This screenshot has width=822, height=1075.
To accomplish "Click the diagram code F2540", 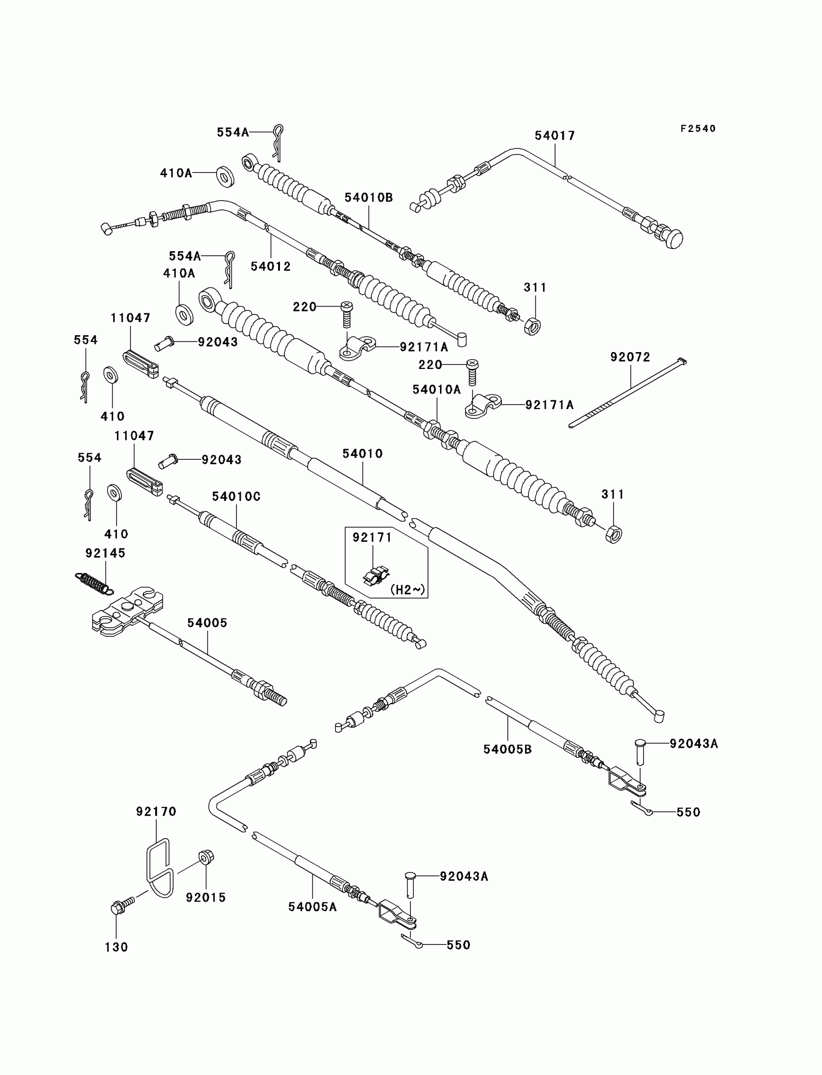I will pos(698,129).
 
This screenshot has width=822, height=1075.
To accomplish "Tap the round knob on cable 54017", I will pos(674,239).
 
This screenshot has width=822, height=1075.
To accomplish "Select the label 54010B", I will pos(368,197).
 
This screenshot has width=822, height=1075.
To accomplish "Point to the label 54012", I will pos(271,266).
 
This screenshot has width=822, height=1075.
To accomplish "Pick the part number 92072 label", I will pos(630,357).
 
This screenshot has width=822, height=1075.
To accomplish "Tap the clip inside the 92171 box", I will pos(376,575).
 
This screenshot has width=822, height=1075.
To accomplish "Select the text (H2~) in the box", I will pos(407,589).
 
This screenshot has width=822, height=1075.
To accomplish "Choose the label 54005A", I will pos(312,907).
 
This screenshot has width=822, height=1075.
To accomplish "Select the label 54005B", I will pos(507,749).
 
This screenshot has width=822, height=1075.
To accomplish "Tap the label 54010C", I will pos(236,496).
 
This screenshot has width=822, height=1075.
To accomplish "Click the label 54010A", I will pos(437,389).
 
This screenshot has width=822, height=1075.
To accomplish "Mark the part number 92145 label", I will pos(105,553).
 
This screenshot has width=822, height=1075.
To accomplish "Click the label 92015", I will pos(205,898).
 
